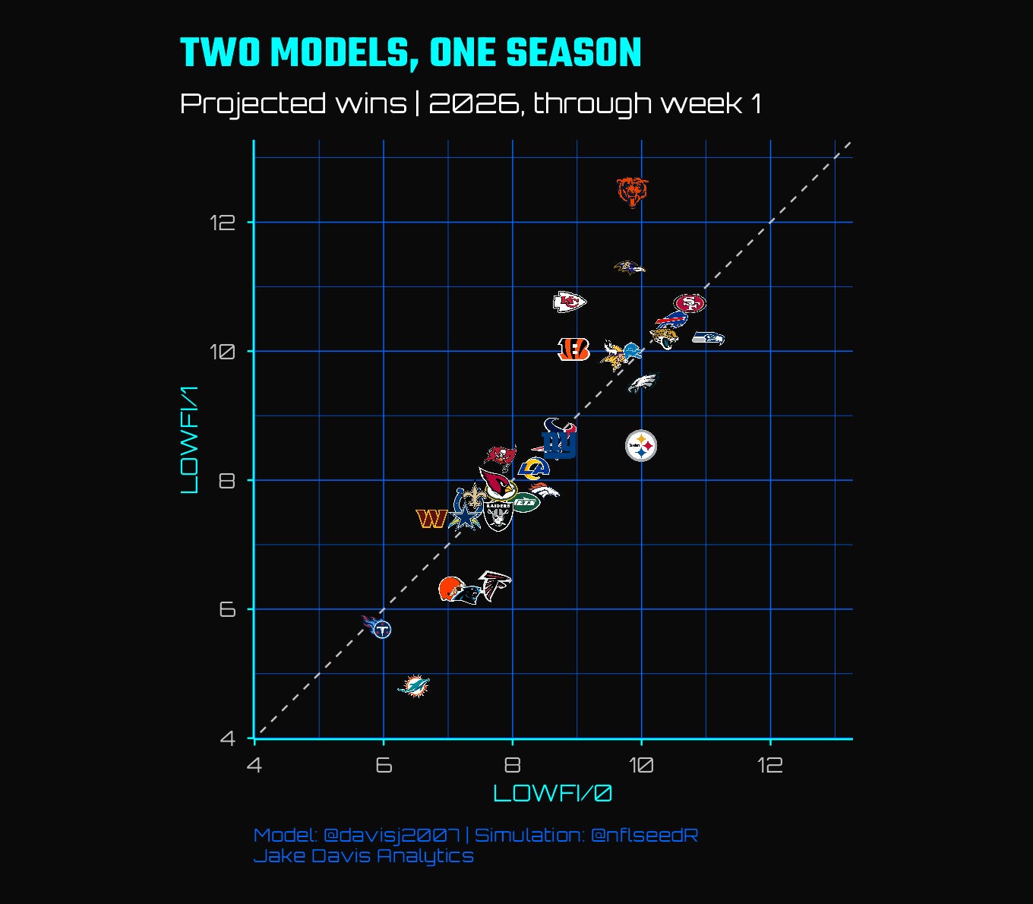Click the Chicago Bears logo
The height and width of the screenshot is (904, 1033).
point(632,192)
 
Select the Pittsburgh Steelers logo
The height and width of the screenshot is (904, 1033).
point(641,446)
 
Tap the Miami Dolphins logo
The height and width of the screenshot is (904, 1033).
point(414,686)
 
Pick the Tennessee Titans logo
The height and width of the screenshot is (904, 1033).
point(378,627)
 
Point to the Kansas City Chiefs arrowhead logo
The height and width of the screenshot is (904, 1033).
point(570,302)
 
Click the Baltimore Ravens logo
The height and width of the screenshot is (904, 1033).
point(629,267)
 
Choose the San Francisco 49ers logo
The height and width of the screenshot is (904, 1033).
point(690,303)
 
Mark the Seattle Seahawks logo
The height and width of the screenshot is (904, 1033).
point(709,338)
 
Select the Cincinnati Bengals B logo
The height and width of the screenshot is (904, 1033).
point(573,349)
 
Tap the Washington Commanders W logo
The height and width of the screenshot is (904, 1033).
point(431,519)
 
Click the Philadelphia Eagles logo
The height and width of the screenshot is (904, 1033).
point(644,382)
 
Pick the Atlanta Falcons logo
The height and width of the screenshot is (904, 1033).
point(494,586)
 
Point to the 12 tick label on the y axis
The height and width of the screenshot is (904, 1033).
point(223,223)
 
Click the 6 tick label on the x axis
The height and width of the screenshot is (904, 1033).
point(384,765)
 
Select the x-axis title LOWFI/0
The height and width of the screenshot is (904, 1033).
point(552,793)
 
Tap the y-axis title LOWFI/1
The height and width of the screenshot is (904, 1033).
point(189,439)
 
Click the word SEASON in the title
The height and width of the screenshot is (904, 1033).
point(573,52)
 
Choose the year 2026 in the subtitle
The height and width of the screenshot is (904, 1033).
point(473,103)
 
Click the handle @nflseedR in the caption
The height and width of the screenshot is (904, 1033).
point(644,835)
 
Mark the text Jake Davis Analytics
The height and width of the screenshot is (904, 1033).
point(364,856)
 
